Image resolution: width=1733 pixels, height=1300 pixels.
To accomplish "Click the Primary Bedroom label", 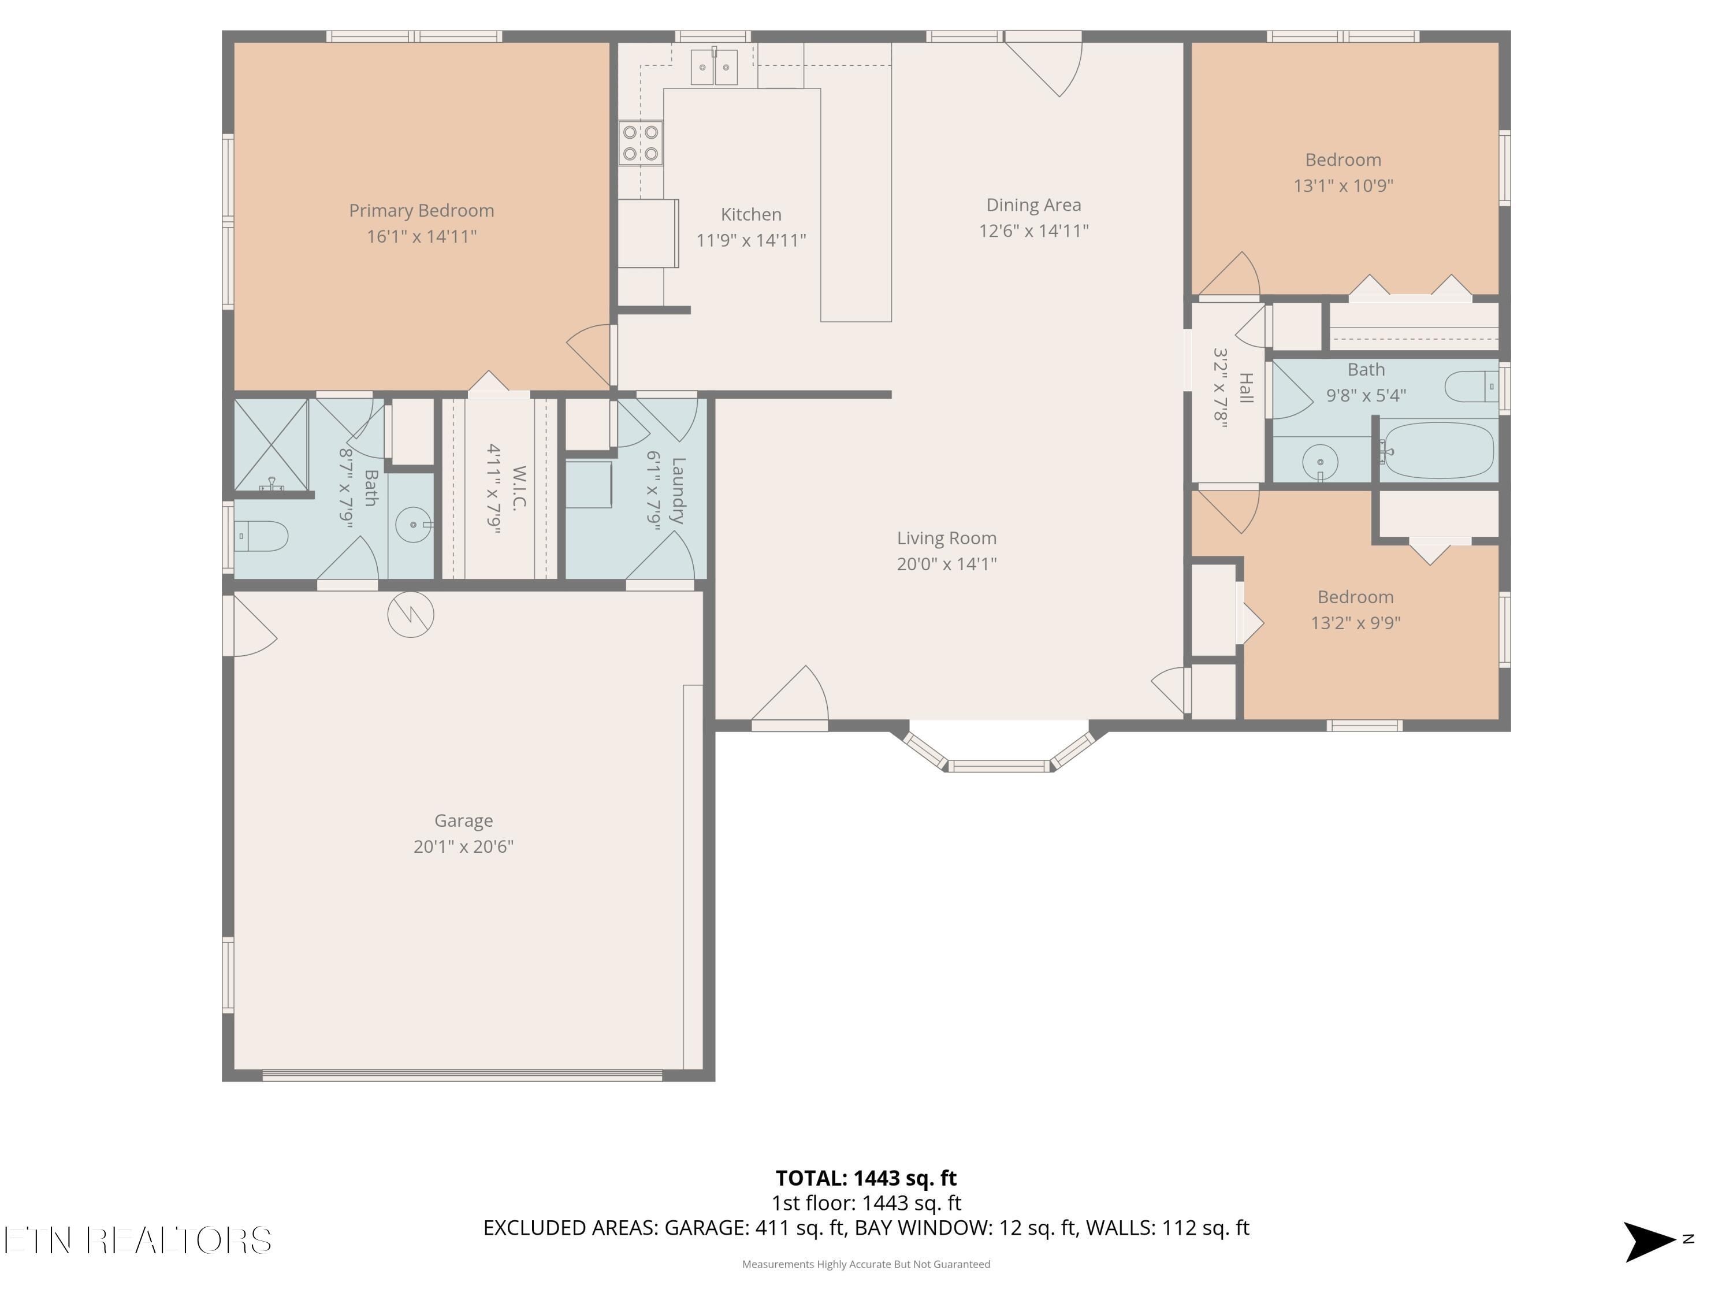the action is (422, 211).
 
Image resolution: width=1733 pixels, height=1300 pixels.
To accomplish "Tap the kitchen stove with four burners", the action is (640, 143).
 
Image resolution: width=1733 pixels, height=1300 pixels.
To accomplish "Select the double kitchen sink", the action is (714, 66).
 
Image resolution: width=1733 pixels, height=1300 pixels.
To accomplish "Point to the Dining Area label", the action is (1033, 205).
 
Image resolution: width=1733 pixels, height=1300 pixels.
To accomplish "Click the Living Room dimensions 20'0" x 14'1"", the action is (946, 564).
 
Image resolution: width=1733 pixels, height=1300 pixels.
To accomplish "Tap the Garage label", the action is (464, 820).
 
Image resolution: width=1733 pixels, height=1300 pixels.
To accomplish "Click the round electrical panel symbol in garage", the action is (411, 614).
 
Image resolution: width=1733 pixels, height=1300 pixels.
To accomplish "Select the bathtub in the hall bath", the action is (1437, 451).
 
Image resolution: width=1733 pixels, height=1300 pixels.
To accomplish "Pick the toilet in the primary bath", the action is (262, 537).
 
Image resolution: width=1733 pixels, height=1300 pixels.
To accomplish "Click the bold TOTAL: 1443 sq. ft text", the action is (866, 1178).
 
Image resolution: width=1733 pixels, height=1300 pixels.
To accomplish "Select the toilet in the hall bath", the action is (1471, 387).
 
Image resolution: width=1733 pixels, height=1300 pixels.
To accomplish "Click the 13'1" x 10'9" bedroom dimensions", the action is (1343, 185).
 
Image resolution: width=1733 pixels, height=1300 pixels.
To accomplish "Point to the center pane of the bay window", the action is (998, 766).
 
